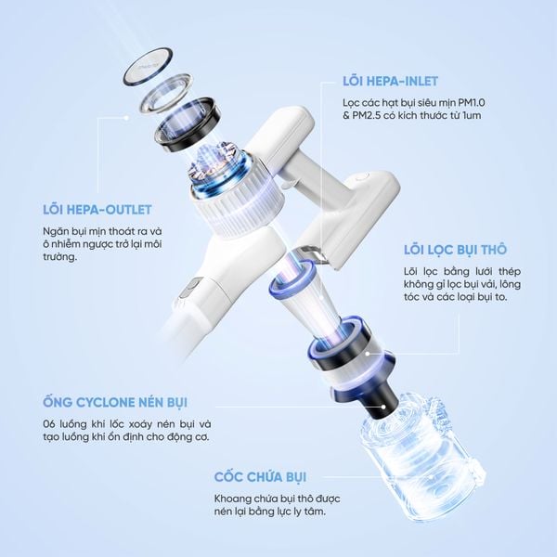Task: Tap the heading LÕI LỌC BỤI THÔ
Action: tap(454, 250)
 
